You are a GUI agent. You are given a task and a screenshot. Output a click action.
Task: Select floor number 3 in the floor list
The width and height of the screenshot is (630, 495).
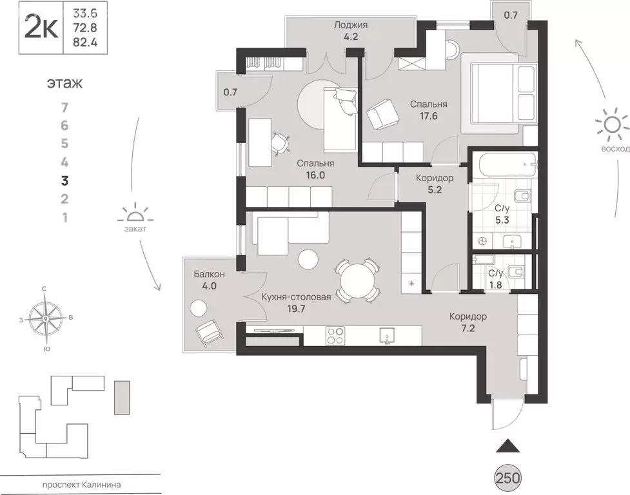(64, 181)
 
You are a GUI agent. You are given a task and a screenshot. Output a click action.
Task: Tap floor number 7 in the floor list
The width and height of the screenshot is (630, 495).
(64, 108)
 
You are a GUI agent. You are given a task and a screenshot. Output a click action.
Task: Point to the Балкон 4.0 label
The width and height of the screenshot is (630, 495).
(209, 280)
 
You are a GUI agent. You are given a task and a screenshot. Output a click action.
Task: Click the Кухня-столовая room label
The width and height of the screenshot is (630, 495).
(296, 297)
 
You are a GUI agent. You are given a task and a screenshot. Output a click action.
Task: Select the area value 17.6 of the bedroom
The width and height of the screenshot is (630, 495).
(429, 117)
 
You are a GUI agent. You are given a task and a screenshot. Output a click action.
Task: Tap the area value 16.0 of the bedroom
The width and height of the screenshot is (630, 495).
(316, 175)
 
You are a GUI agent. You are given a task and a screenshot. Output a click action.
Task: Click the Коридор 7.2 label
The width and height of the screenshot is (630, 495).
(468, 322)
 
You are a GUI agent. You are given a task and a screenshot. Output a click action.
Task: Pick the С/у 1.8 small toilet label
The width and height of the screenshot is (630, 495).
(496, 280)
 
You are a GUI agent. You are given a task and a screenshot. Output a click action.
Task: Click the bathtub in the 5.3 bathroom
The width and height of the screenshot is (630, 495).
(505, 165)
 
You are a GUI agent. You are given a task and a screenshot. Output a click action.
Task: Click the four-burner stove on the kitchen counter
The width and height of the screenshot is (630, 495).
(335, 336)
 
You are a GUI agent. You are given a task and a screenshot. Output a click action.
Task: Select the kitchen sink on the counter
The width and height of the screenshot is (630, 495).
(387, 336)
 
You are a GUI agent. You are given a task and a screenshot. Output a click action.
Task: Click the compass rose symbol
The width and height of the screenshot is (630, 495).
(46, 318)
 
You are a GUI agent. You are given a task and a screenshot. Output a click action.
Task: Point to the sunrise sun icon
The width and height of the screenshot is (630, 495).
(611, 125)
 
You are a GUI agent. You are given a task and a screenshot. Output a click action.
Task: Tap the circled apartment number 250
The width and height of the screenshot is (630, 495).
(507, 478)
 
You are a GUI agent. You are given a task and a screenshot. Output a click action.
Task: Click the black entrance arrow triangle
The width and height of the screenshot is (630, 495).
(508, 445)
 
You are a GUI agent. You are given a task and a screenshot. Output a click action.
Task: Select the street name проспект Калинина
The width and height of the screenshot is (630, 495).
(81, 485)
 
